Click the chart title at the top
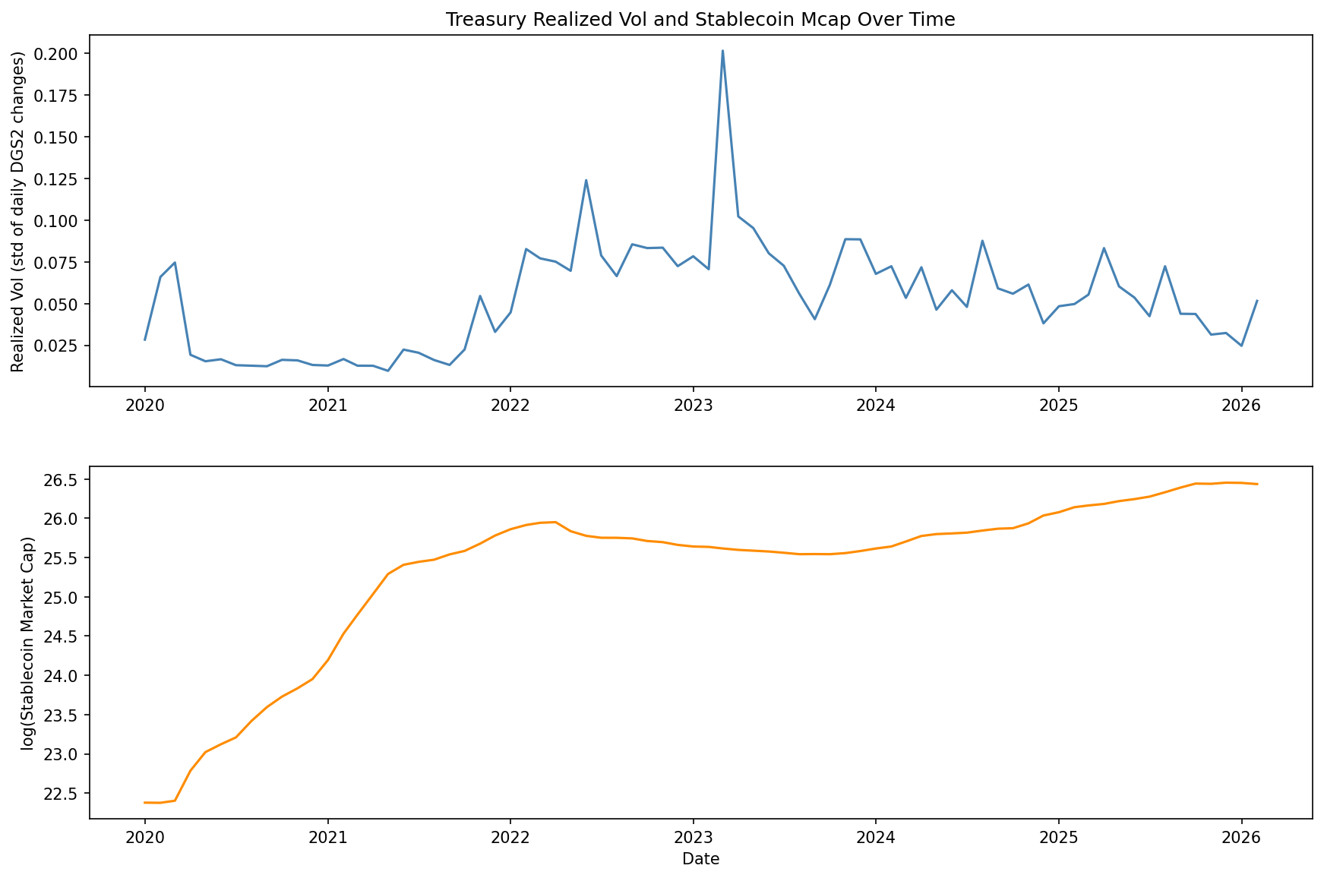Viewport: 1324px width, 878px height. (x=700, y=20)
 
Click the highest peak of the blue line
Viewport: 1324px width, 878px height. (x=722, y=51)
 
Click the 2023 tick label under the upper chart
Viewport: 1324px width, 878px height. (x=693, y=405)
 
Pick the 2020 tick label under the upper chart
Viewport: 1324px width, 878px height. (x=144, y=405)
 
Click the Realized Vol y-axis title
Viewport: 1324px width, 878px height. (x=18, y=212)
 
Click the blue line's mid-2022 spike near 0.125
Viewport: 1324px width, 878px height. (x=586, y=181)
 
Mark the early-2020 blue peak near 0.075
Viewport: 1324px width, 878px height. (x=175, y=263)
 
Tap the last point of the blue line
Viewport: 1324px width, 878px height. (x=1257, y=301)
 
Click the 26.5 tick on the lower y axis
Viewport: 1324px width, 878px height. (x=65, y=480)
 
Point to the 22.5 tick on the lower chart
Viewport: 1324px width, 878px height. (x=65, y=794)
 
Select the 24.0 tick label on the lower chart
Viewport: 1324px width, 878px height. (x=65, y=676)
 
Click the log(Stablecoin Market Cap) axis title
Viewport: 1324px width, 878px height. (x=28, y=643)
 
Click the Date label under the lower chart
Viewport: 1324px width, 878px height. (x=700, y=860)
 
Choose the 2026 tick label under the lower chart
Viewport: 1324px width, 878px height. (x=1241, y=836)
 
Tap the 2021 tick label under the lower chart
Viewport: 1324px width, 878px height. (x=327, y=836)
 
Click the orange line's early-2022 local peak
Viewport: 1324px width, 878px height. (x=555, y=522)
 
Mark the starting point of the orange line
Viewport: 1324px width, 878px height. (x=144, y=802)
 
